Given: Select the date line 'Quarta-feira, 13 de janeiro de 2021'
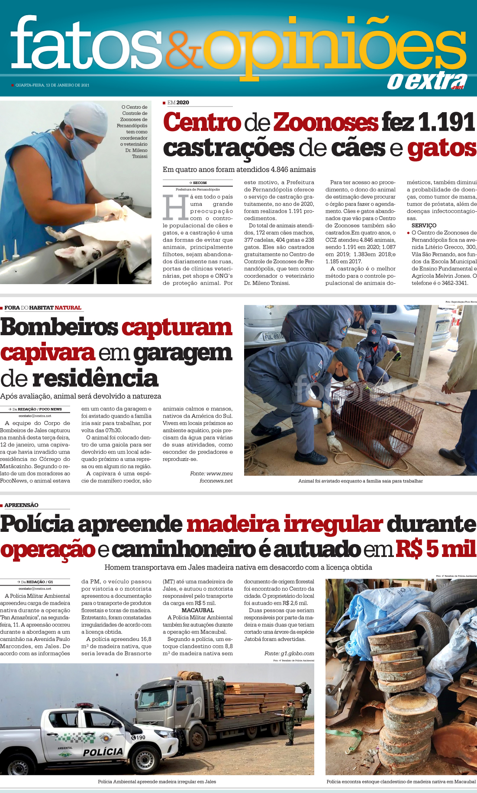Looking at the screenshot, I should (x=52, y=85).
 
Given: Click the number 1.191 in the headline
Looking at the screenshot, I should (x=446, y=123).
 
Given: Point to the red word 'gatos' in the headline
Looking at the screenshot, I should (x=442, y=149).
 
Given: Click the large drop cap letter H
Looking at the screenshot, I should (x=175, y=207).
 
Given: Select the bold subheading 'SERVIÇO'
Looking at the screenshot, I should (x=424, y=226).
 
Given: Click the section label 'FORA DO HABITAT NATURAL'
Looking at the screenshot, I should (x=43, y=308).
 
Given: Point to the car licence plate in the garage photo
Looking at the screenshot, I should (x=272, y=336).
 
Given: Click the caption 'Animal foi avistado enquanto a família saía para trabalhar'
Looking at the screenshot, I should (x=360, y=481).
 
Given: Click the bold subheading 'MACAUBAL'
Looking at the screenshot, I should (x=197, y=610).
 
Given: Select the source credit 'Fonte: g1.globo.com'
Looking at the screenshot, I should (x=289, y=654).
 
